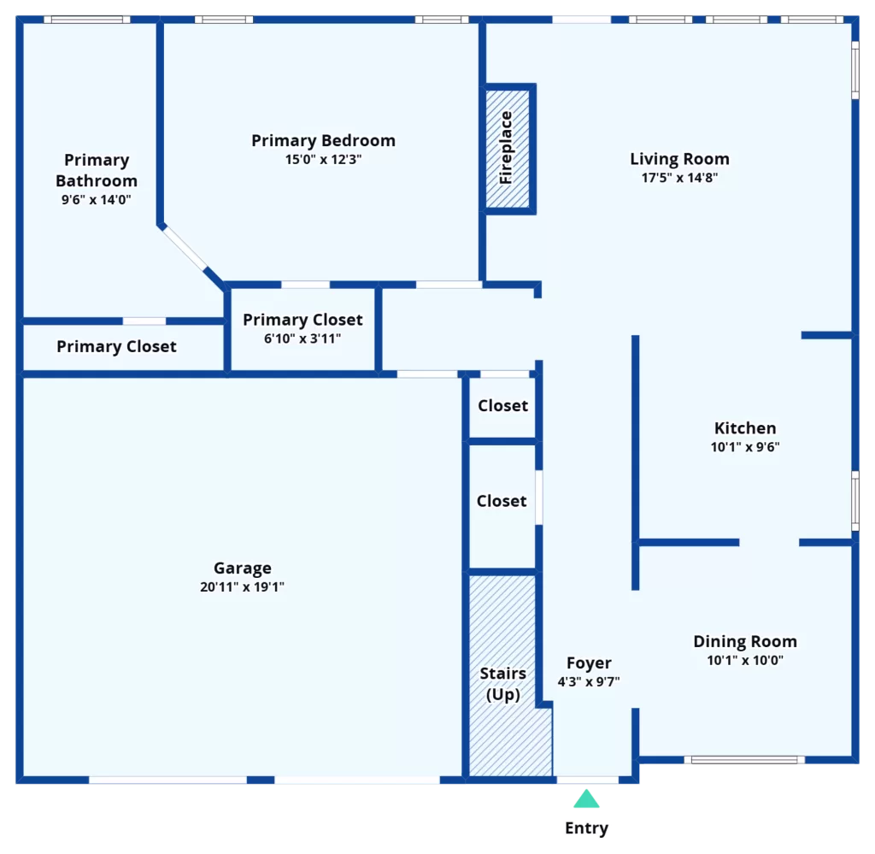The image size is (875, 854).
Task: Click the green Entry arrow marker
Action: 586,798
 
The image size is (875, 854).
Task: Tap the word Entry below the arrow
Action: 586,828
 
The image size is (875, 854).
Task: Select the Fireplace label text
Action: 506,147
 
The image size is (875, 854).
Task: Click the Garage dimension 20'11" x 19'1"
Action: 242,586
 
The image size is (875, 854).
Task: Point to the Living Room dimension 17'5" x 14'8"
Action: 679,178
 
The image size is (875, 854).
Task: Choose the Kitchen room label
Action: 745,428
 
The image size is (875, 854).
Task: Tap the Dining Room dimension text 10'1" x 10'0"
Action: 745,660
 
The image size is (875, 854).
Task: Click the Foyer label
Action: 589,663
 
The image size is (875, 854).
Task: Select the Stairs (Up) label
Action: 502,684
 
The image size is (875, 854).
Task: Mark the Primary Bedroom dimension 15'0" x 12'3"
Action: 323,159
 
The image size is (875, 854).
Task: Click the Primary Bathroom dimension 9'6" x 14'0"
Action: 96,199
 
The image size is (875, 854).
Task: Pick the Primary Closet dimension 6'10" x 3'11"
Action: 302,339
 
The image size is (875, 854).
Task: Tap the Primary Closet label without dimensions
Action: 116,346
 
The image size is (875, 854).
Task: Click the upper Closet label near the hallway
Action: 502,406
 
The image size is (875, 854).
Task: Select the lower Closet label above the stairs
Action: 502,501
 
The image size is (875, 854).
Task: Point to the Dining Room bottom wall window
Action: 744,760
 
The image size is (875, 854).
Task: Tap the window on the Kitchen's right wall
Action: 854,501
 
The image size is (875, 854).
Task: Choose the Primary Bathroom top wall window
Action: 87,20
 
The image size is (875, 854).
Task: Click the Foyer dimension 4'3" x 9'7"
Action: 589,681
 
